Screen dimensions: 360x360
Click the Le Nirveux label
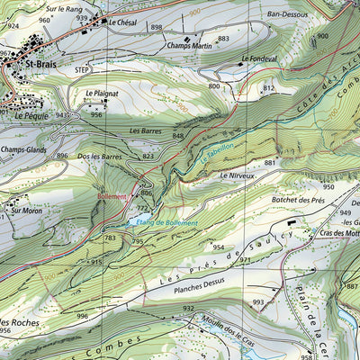point(237,176)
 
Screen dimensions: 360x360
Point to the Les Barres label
point(146,131)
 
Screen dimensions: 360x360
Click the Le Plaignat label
point(103,93)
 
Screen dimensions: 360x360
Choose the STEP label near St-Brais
point(84,69)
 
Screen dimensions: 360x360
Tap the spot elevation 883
point(223,40)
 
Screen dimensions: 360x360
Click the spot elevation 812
point(268,88)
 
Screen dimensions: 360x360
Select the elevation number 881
point(269,163)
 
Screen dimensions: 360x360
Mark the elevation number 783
point(110,238)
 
